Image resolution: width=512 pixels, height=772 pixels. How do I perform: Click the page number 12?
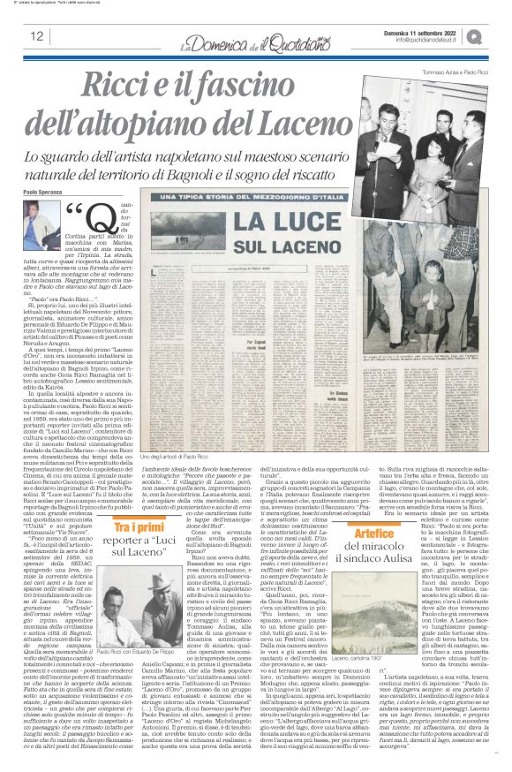click(36, 36)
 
